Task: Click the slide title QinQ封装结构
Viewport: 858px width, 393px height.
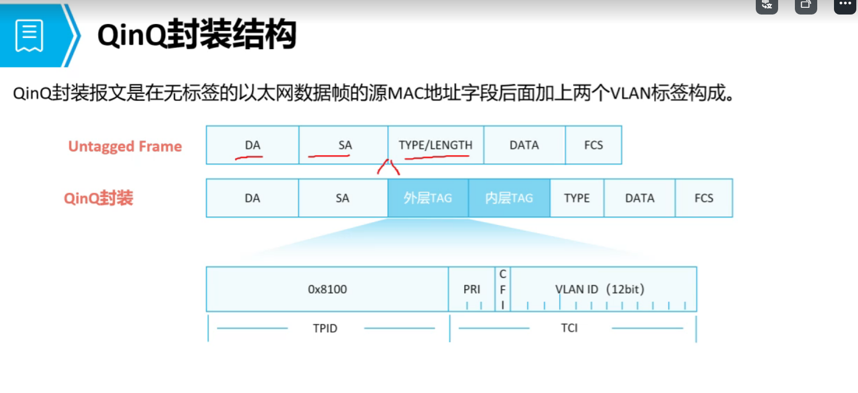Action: (x=197, y=35)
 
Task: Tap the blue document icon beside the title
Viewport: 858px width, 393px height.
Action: (x=29, y=36)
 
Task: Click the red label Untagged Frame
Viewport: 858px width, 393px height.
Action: (x=125, y=146)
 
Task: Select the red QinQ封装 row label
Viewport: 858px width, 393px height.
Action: (x=98, y=198)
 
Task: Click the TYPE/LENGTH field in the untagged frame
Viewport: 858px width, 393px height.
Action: (x=436, y=145)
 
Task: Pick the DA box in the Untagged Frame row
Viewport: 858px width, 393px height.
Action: (x=252, y=145)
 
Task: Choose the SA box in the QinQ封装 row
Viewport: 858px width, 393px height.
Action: (x=343, y=198)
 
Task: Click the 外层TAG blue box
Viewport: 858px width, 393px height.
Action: (x=428, y=198)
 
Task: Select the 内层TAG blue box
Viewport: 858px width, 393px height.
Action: (x=509, y=198)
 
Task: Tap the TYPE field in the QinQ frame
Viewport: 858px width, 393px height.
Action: (x=577, y=198)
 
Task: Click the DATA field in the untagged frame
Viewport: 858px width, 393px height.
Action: (x=524, y=145)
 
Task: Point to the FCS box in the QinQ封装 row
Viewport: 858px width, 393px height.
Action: (x=704, y=198)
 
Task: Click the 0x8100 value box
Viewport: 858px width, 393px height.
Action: (x=327, y=289)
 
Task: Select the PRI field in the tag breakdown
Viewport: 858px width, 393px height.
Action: (x=472, y=289)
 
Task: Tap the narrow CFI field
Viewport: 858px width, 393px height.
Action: (x=503, y=289)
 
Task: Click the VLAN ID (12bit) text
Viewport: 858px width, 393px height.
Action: (x=600, y=289)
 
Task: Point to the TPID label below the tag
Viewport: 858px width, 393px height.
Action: (x=325, y=328)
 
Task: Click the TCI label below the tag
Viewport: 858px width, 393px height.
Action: (x=569, y=328)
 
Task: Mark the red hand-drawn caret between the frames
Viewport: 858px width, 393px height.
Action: (x=389, y=166)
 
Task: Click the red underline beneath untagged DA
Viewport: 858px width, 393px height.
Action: (x=249, y=158)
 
